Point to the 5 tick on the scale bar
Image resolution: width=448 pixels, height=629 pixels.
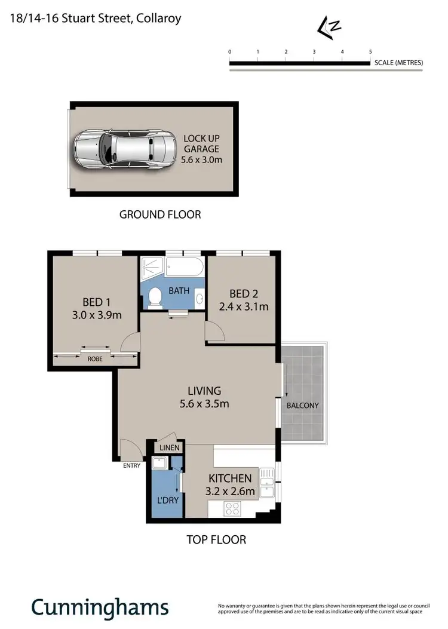[370, 52]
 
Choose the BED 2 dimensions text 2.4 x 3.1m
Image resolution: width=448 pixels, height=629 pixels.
[248, 307]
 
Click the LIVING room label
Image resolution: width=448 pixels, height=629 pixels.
[204, 391]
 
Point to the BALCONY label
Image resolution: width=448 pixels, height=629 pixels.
[302, 405]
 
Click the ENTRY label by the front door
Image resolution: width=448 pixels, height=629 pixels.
[132, 465]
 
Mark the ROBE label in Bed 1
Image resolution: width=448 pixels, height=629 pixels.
[96, 360]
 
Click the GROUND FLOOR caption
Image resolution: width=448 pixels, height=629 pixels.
[160, 214]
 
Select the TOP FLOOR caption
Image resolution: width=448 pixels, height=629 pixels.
[216, 539]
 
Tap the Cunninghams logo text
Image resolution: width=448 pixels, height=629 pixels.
[100, 607]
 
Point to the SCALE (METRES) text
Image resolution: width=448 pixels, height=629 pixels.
[398, 63]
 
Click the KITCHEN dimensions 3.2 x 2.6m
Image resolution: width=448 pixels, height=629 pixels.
[231, 492]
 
